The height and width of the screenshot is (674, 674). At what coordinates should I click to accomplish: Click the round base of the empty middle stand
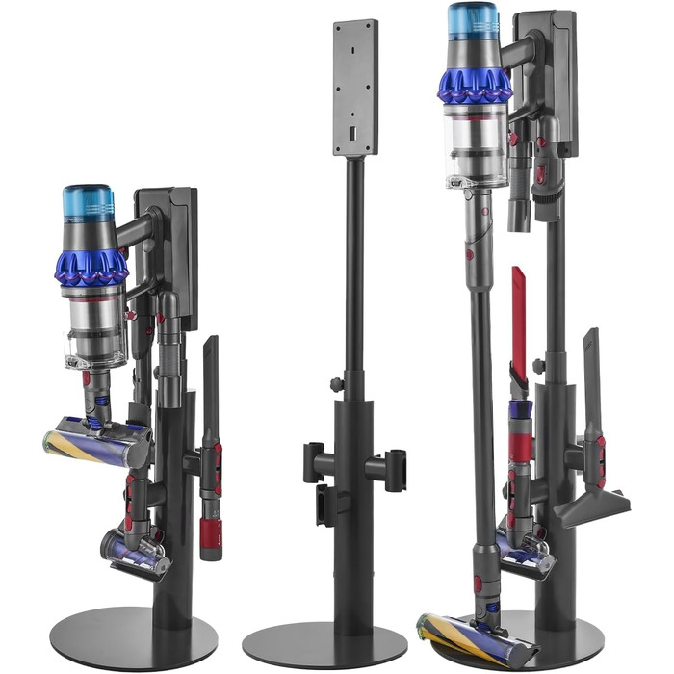pos(324,643)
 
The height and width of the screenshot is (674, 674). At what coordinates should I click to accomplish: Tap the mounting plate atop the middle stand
pos(354,87)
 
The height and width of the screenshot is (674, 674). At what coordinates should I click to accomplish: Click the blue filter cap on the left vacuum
pos(88,203)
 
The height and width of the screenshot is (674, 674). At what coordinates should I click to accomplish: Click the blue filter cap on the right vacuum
pos(473,22)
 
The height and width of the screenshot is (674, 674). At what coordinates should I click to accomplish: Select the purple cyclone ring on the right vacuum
pos(475,85)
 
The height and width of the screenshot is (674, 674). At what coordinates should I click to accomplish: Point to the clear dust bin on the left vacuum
pos(95,327)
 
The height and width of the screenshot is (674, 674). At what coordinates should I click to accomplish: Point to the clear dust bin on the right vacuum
pos(476,144)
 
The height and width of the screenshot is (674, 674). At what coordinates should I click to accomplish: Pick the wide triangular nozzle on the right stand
pos(592,501)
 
